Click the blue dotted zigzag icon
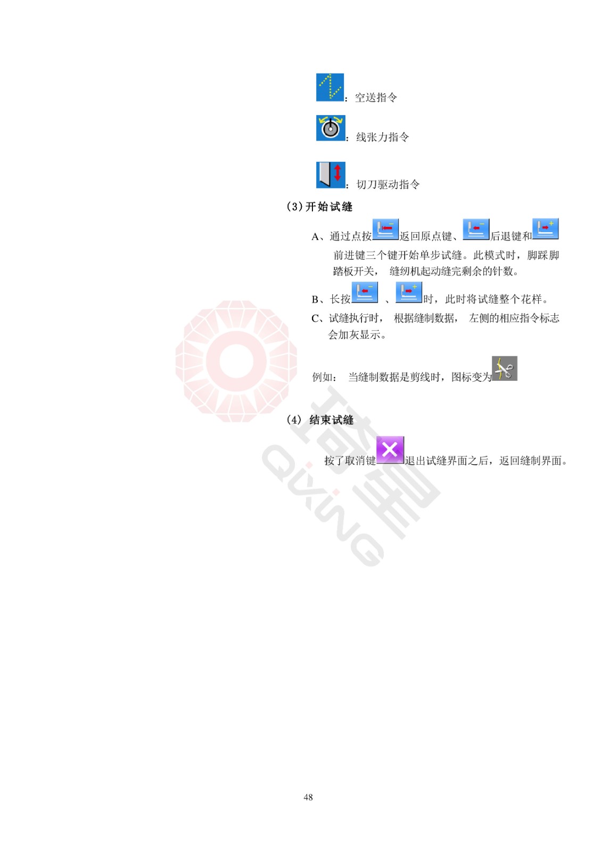tap(329, 87)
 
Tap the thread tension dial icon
tap(331, 128)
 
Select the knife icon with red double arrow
tap(331, 175)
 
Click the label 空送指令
tap(376, 98)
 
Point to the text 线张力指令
tap(382, 137)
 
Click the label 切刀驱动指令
tap(388, 184)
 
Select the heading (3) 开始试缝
tap(319, 207)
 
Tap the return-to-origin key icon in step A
tap(385, 230)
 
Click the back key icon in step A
tap(476, 230)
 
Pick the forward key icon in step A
tap(545, 228)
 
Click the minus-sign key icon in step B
tap(364, 292)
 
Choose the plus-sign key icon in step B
tap(409, 292)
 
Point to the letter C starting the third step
tap(315, 318)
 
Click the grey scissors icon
tap(504, 368)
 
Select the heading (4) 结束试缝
tap(320, 420)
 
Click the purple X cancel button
tap(390, 449)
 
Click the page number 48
tap(308, 797)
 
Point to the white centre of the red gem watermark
tap(236, 361)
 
